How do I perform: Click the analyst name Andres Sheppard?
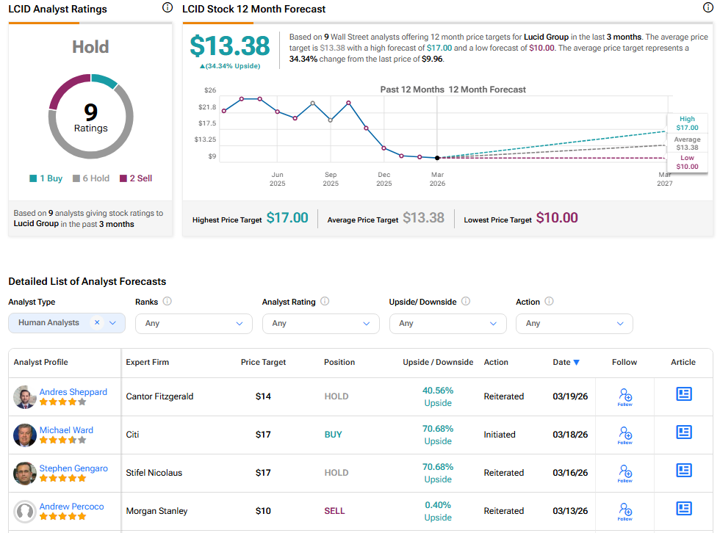coord(73,392)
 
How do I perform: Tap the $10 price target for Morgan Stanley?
coord(263,511)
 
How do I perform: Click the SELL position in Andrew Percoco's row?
coord(334,511)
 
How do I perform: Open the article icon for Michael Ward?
coord(683,432)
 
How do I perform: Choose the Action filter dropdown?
coord(574,323)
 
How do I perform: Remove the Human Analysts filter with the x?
coord(97,322)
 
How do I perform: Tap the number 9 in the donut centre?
coord(90,112)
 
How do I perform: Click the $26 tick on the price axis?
coord(210,90)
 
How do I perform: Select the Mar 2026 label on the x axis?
coord(437,178)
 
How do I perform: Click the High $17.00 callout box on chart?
coord(687,123)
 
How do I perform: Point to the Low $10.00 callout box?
coord(687,162)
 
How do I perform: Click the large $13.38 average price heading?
coord(230,46)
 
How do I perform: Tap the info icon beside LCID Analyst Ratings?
coord(167,8)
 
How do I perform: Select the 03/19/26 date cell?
coord(570,396)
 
